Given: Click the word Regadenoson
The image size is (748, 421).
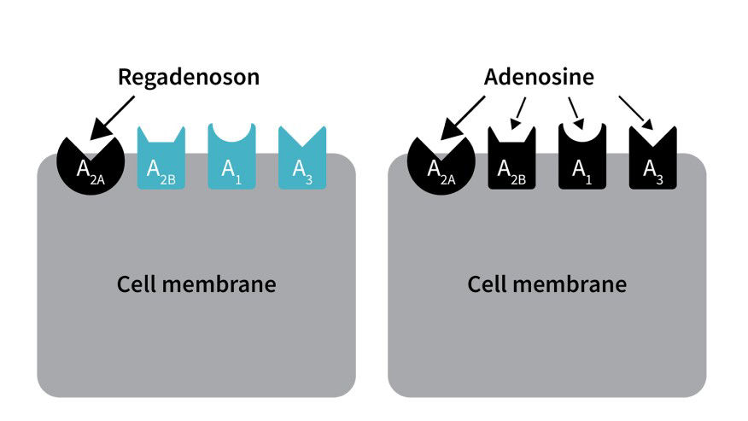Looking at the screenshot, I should point(188,77).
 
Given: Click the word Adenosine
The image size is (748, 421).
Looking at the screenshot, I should point(539,77).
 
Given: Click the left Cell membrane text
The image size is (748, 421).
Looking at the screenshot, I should point(196,284).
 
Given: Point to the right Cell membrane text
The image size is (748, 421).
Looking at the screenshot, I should point(546,284).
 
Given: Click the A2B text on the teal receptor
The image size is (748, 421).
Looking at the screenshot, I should point(160,169).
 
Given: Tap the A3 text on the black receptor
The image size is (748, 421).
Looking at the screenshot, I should point(653,169).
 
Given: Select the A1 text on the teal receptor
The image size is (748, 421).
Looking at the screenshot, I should point(231,169).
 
